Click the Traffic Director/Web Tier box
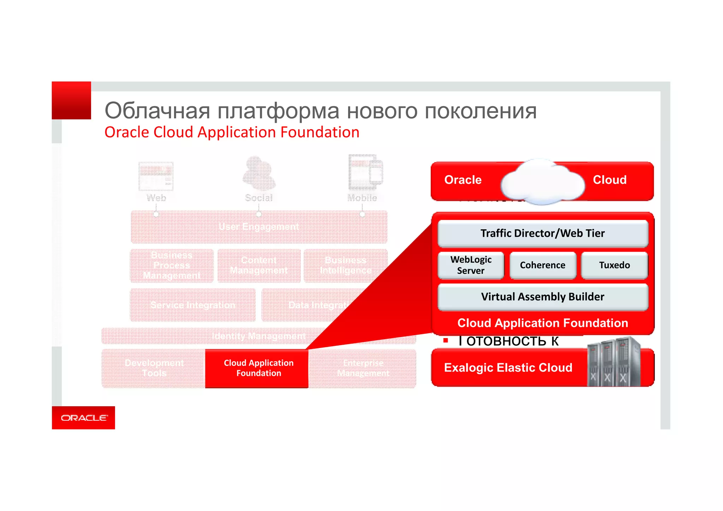(x=543, y=233)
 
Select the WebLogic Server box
(x=471, y=265)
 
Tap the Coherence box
(x=543, y=265)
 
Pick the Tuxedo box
(x=614, y=265)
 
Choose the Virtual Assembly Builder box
(x=543, y=297)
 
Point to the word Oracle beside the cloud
(x=463, y=180)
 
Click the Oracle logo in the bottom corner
(x=84, y=418)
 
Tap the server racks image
(x=614, y=362)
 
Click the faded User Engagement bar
(x=259, y=227)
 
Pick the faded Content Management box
(x=259, y=265)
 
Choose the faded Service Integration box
(x=193, y=305)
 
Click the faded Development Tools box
(x=154, y=368)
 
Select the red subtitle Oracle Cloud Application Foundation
(x=232, y=133)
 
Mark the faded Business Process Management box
(x=172, y=265)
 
